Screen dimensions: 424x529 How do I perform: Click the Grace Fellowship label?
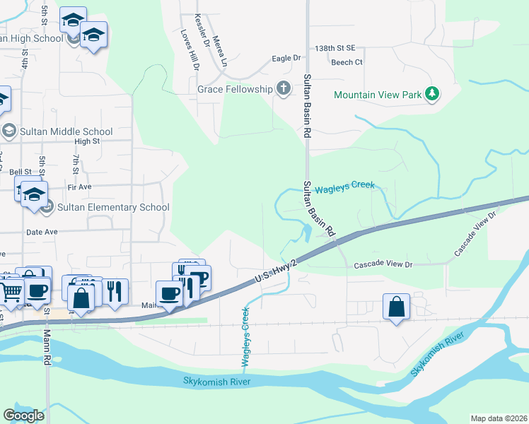(x=235, y=89)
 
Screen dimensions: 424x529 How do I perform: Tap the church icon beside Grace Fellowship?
(x=283, y=89)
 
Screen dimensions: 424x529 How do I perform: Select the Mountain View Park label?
(x=377, y=94)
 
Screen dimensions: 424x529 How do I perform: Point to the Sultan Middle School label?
(x=66, y=131)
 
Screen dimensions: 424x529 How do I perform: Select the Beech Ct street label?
(x=347, y=62)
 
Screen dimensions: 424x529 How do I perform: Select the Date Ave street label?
(x=41, y=232)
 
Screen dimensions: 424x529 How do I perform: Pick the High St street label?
(x=86, y=141)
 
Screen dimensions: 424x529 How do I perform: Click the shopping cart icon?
(x=11, y=290)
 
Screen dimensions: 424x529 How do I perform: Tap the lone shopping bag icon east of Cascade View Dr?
(x=396, y=307)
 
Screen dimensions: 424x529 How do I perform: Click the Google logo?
(x=23, y=416)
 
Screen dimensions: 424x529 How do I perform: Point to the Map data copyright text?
(x=499, y=418)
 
